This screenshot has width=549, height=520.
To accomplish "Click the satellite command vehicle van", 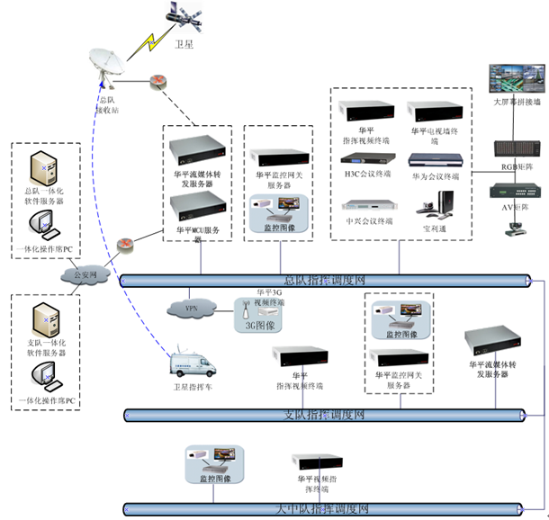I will [x=195, y=366].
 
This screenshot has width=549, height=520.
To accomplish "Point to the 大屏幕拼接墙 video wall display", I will [x=515, y=79].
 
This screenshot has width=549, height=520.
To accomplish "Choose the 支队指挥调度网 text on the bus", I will [x=323, y=415].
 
